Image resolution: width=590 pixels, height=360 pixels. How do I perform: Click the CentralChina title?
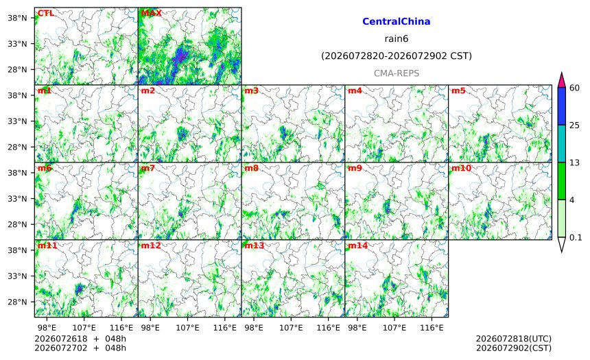pos(397,21)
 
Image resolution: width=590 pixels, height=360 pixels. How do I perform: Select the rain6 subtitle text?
pos(397,39)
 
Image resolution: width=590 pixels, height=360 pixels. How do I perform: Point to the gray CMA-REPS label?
pos(397,73)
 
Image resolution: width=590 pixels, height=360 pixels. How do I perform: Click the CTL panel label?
pos(45,13)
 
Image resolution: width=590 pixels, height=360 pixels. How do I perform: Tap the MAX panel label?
pos(151,13)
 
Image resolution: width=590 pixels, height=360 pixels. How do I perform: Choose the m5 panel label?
pos(458,91)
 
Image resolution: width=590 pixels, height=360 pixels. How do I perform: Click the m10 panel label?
pos(461,168)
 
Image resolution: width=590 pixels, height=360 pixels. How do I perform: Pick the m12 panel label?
pos(151,245)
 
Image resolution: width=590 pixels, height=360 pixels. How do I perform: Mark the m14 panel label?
pos(358,245)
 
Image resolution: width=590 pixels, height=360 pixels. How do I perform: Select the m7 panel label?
pos(148,168)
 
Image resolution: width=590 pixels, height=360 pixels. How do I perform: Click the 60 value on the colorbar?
pos(575,88)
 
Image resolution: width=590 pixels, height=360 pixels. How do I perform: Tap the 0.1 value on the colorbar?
pos(576,237)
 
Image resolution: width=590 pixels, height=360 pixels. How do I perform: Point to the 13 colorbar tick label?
pos(575,163)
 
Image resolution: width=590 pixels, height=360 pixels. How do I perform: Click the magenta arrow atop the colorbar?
pos(561,80)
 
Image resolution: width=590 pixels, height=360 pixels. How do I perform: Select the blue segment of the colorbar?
pos(561,106)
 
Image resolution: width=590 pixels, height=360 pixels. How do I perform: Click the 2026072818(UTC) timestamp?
pos(514,339)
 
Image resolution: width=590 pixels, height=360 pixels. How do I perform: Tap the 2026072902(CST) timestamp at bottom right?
pos(514,348)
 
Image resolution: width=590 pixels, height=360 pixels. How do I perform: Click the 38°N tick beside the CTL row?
pos(17,18)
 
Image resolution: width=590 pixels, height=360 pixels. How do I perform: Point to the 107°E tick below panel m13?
pos(291,328)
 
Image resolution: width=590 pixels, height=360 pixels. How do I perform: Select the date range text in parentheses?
pos(397,56)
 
